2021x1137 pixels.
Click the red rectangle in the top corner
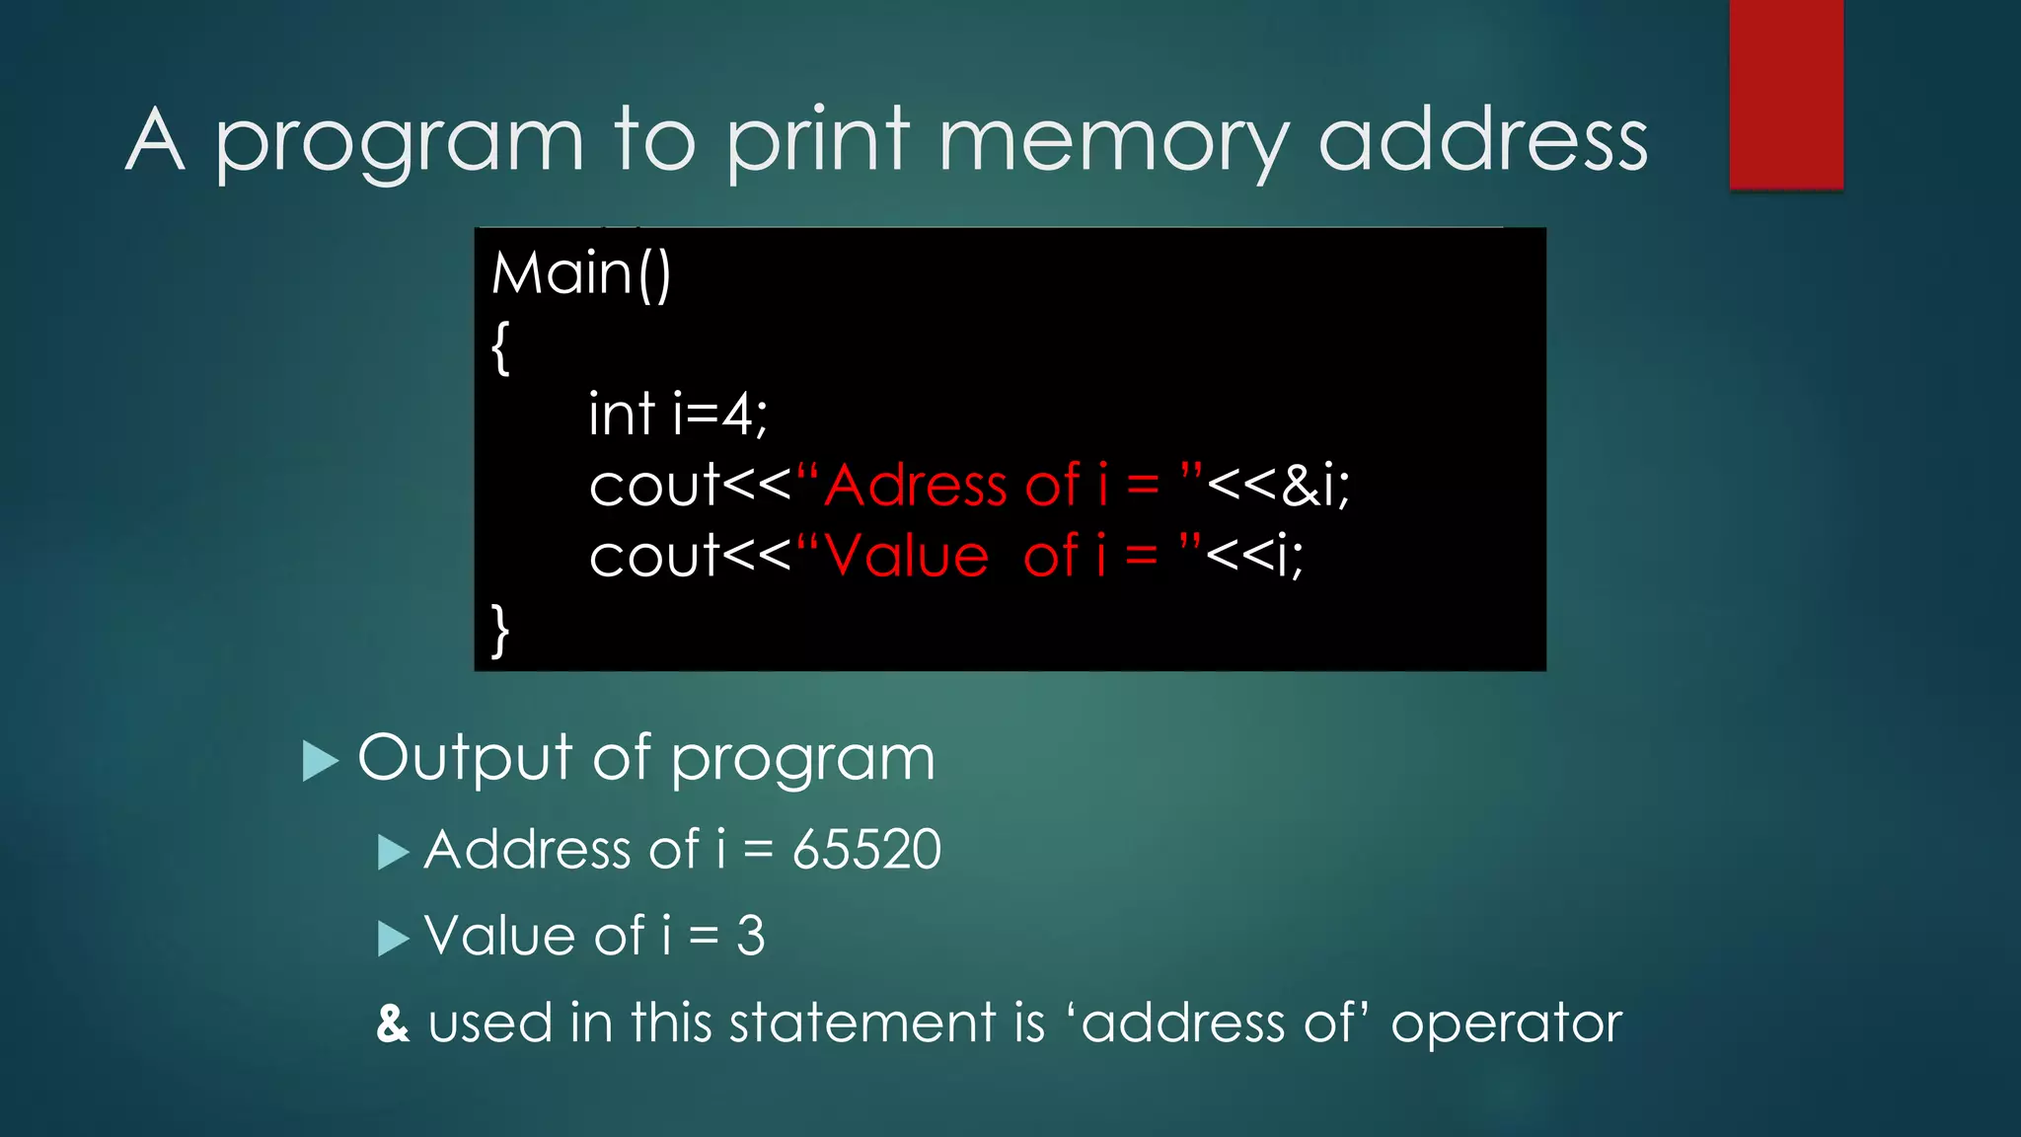tap(1786, 94)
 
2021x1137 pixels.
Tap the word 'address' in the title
tap(1482, 141)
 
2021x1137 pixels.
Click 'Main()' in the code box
tap(581, 273)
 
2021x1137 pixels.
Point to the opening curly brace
tap(500, 347)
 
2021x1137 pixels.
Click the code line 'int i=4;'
tap(677, 414)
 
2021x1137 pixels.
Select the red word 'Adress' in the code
tap(916, 486)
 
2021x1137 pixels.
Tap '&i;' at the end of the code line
tap(1316, 486)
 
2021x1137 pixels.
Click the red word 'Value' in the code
tap(906, 557)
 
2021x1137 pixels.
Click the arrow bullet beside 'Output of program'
tap(319, 761)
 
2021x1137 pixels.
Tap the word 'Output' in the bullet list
tap(464, 758)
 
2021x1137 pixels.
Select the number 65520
tap(866, 850)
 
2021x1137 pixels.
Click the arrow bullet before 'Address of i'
tap(393, 852)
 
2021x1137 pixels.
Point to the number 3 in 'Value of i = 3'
tap(751, 936)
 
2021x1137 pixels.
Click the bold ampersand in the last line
tap(393, 1023)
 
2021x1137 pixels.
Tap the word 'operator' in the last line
tap(1506, 1023)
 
